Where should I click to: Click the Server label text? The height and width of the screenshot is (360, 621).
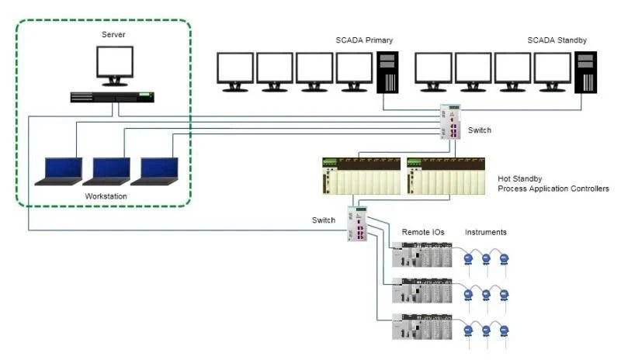[113, 35]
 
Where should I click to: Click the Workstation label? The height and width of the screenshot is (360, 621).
[106, 196]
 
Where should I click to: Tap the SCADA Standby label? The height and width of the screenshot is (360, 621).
[557, 40]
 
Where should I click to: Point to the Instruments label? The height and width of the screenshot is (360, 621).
[485, 232]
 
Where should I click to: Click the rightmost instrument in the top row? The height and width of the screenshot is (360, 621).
[504, 258]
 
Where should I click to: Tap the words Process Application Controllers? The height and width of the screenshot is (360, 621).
[553, 189]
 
